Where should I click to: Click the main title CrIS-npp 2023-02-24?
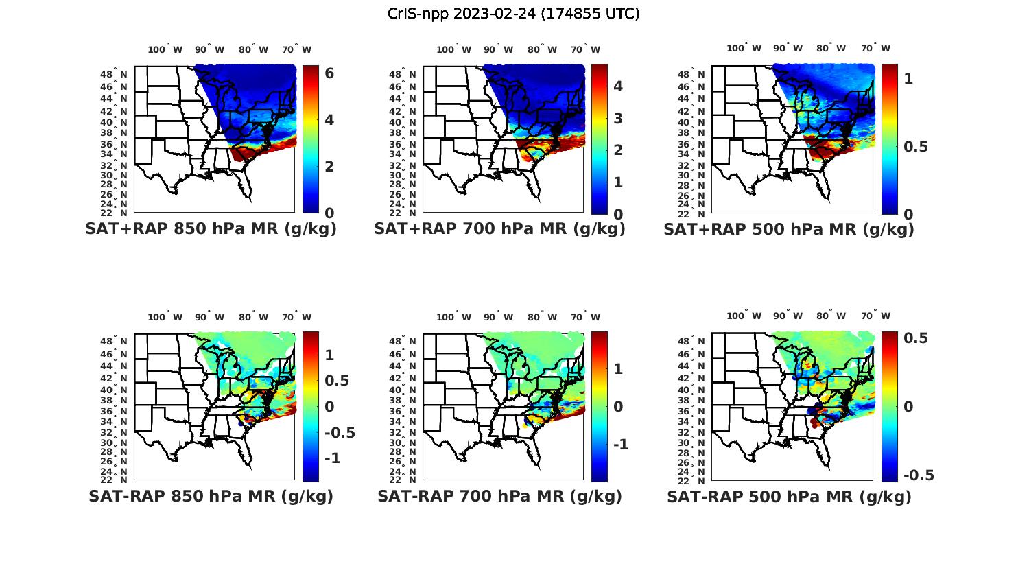point(513,14)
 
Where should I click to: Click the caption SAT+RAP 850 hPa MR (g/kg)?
point(211,229)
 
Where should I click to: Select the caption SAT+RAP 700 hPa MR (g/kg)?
point(499,229)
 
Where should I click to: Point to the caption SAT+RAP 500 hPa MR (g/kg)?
point(789,229)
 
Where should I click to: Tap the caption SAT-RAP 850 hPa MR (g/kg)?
point(211,496)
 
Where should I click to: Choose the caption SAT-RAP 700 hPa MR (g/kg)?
point(499,496)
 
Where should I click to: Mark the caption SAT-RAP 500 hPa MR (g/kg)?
point(789,496)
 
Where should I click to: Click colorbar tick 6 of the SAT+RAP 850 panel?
point(329,73)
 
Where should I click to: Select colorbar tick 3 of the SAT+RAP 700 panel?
point(618,118)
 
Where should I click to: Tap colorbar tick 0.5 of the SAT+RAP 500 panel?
point(916,147)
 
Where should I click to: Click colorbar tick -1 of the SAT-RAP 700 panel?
point(620,445)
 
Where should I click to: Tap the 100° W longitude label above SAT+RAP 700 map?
point(454,49)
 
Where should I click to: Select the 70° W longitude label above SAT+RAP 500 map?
point(876,48)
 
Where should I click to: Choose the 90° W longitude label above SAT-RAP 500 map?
point(787,316)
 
